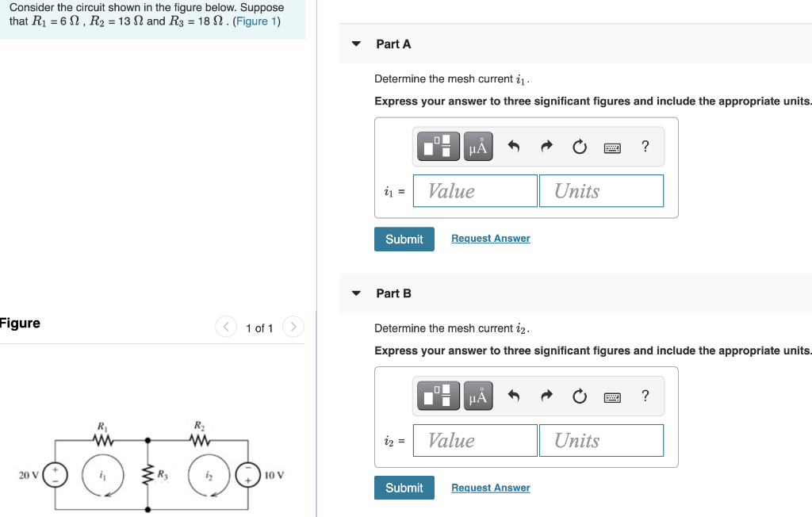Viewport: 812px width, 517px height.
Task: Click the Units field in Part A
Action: (601, 191)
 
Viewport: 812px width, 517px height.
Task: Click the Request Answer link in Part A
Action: (490, 239)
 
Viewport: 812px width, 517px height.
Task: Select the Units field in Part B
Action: (601, 441)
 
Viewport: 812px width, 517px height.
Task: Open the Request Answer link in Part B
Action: (490, 488)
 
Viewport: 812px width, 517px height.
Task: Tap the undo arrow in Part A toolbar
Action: (513, 147)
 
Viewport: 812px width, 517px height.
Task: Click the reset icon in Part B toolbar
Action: (580, 396)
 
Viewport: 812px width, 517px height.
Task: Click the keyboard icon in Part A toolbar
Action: (612, 147)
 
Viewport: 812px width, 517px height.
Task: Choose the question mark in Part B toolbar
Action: (645, 396)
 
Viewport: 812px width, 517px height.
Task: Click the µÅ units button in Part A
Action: (478, 147)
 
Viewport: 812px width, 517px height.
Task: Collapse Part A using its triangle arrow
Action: (356, 44)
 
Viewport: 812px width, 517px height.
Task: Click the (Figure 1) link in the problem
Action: (256, 21)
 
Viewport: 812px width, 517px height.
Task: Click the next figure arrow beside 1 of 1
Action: (293, 327)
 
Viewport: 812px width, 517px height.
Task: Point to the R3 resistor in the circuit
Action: (147, 475)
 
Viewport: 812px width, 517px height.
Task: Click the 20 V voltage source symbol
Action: (55, 475)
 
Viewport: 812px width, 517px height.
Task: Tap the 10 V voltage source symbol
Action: (248, 475)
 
